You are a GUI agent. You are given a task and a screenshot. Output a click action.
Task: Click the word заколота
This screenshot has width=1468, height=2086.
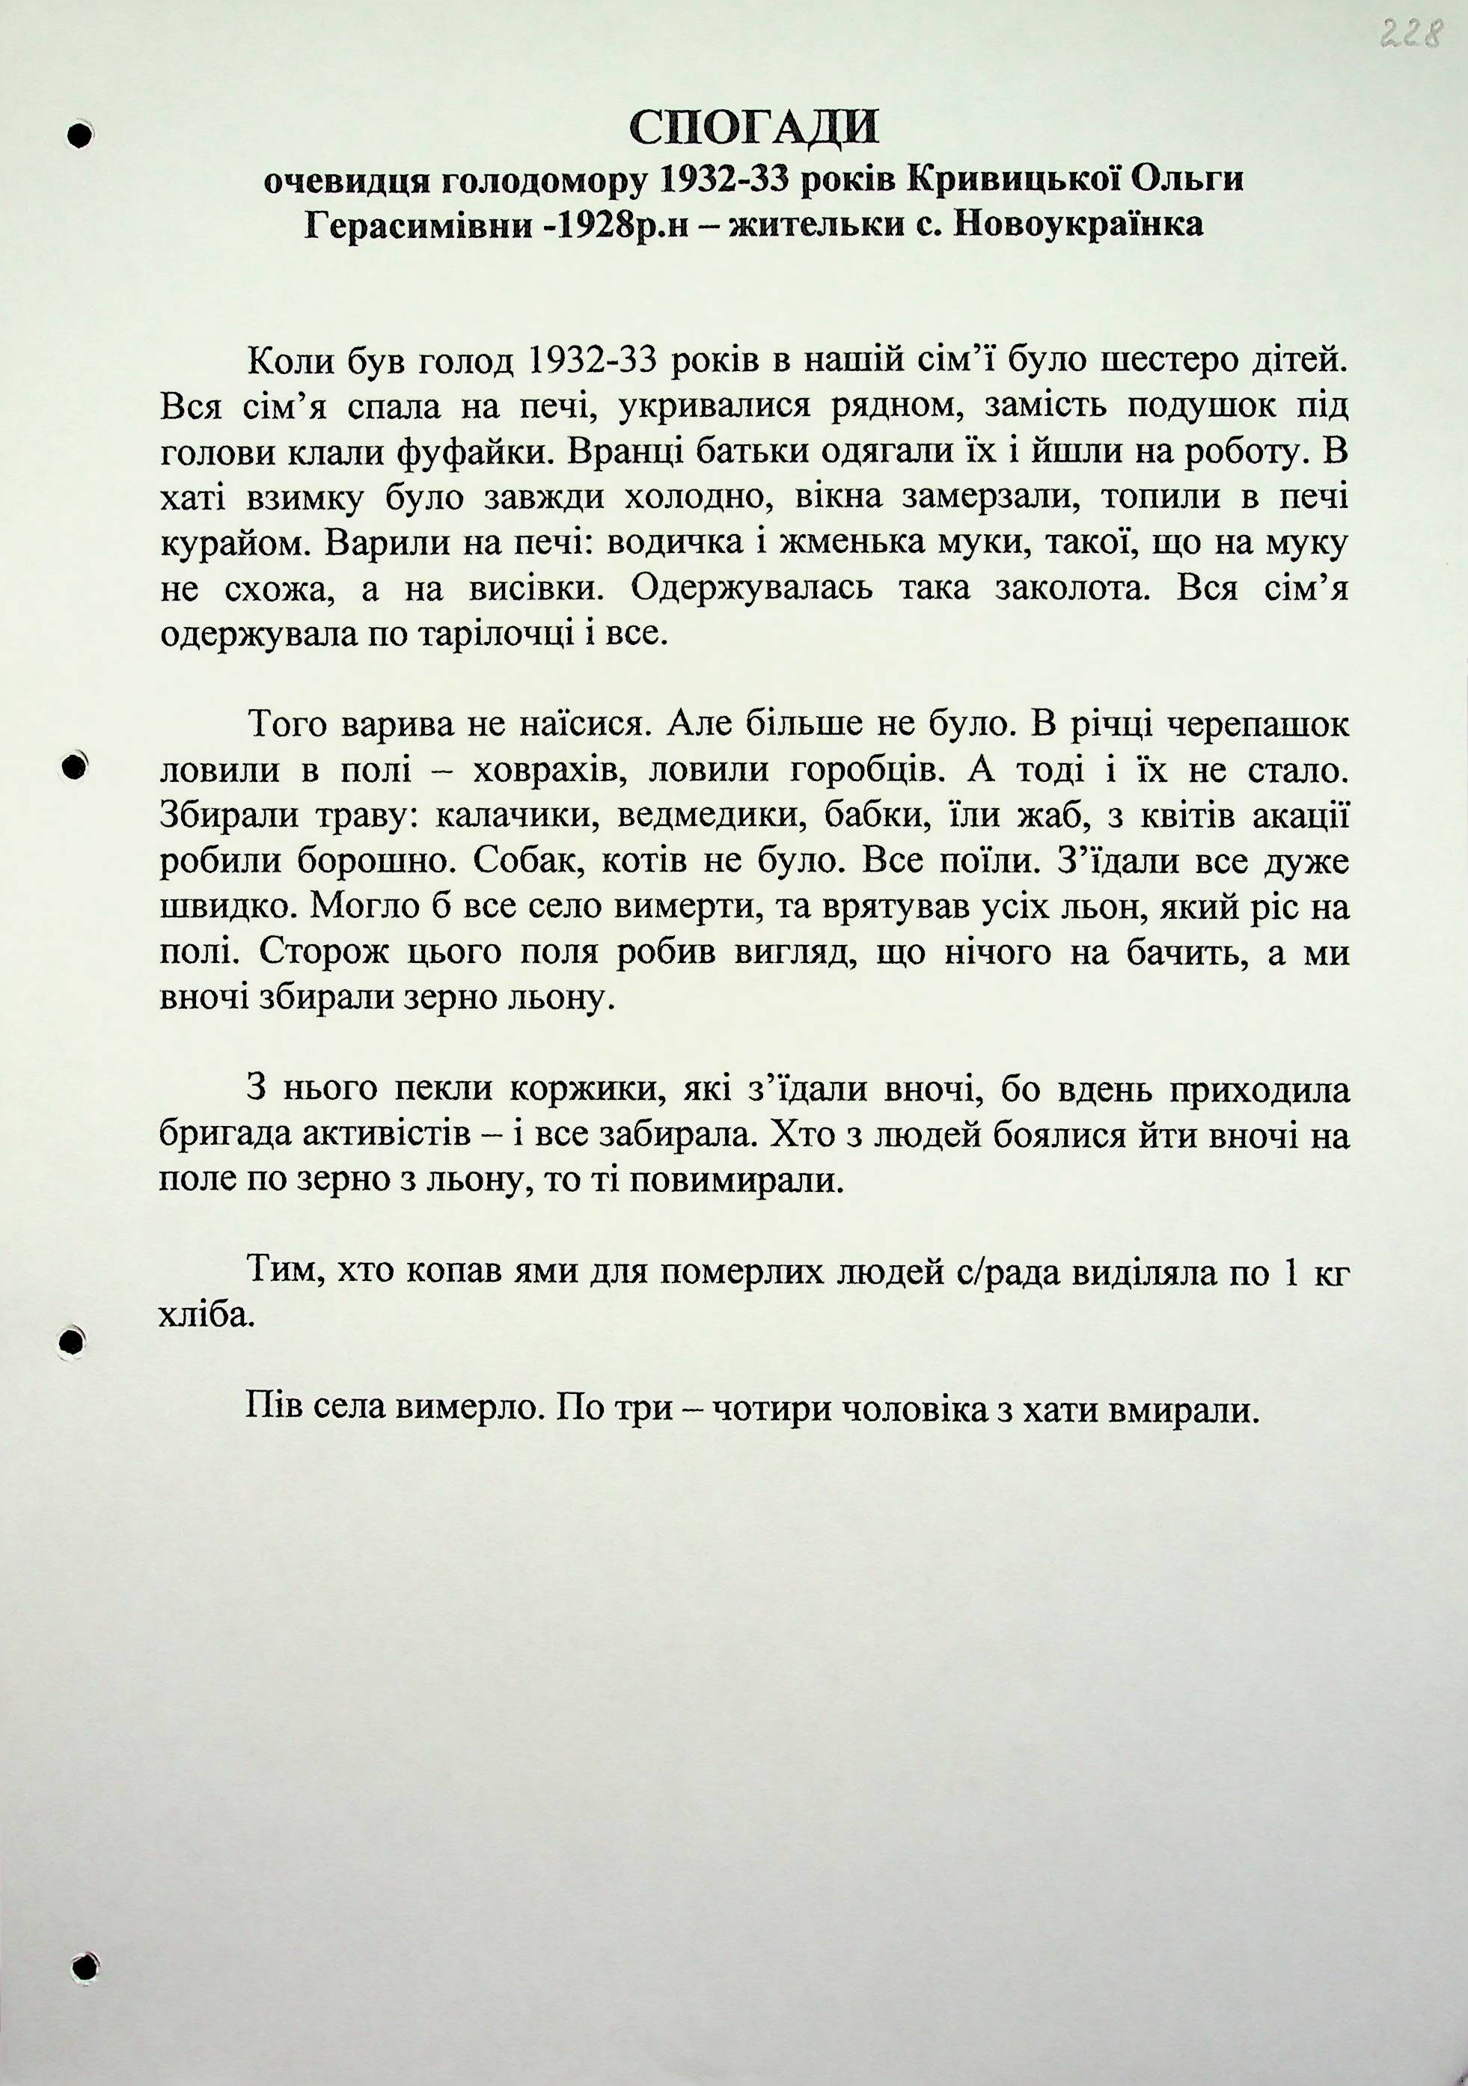click(1074, 589)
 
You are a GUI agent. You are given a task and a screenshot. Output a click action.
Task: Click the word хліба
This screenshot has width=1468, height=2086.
click(204, 1315)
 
